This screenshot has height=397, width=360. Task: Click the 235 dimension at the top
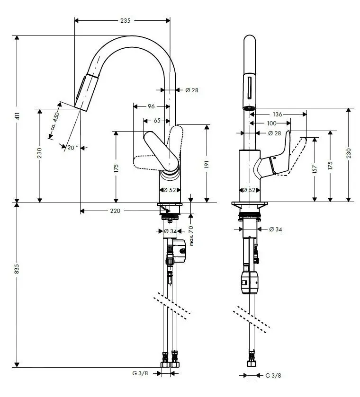click(125, 20)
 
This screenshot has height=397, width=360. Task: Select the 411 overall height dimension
click(17, 117)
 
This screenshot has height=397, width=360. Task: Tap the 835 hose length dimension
click(17, 269)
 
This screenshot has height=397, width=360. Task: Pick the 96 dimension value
click(151, 106)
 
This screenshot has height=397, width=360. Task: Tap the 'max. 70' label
click(191, 236)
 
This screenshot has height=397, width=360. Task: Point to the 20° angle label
click(72, 147)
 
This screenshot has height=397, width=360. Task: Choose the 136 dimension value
click(278, 114)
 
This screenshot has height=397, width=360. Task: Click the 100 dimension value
click(271, 123)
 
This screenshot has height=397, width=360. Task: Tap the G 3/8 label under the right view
click(273, 375)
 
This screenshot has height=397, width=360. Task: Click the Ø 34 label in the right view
click(275, 229)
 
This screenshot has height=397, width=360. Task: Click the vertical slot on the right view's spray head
click(249, 89)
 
